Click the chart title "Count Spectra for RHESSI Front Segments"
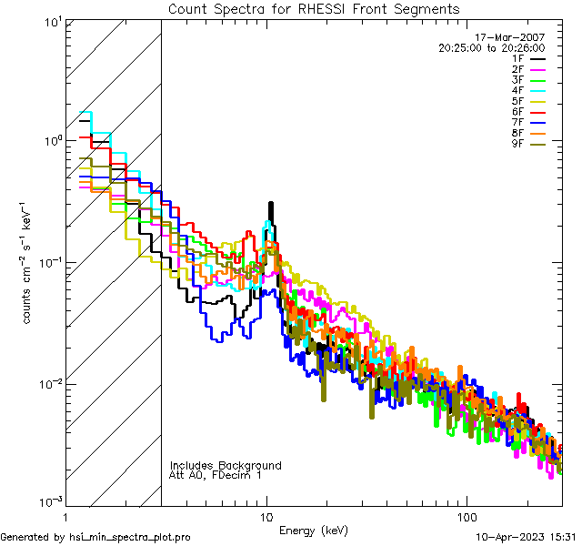(314, 9)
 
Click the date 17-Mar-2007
(514, 37)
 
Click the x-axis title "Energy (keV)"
(314, 531)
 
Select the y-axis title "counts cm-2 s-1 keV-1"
(28, 263)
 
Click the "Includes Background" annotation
(226, 465)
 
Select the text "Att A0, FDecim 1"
(216, 475)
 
